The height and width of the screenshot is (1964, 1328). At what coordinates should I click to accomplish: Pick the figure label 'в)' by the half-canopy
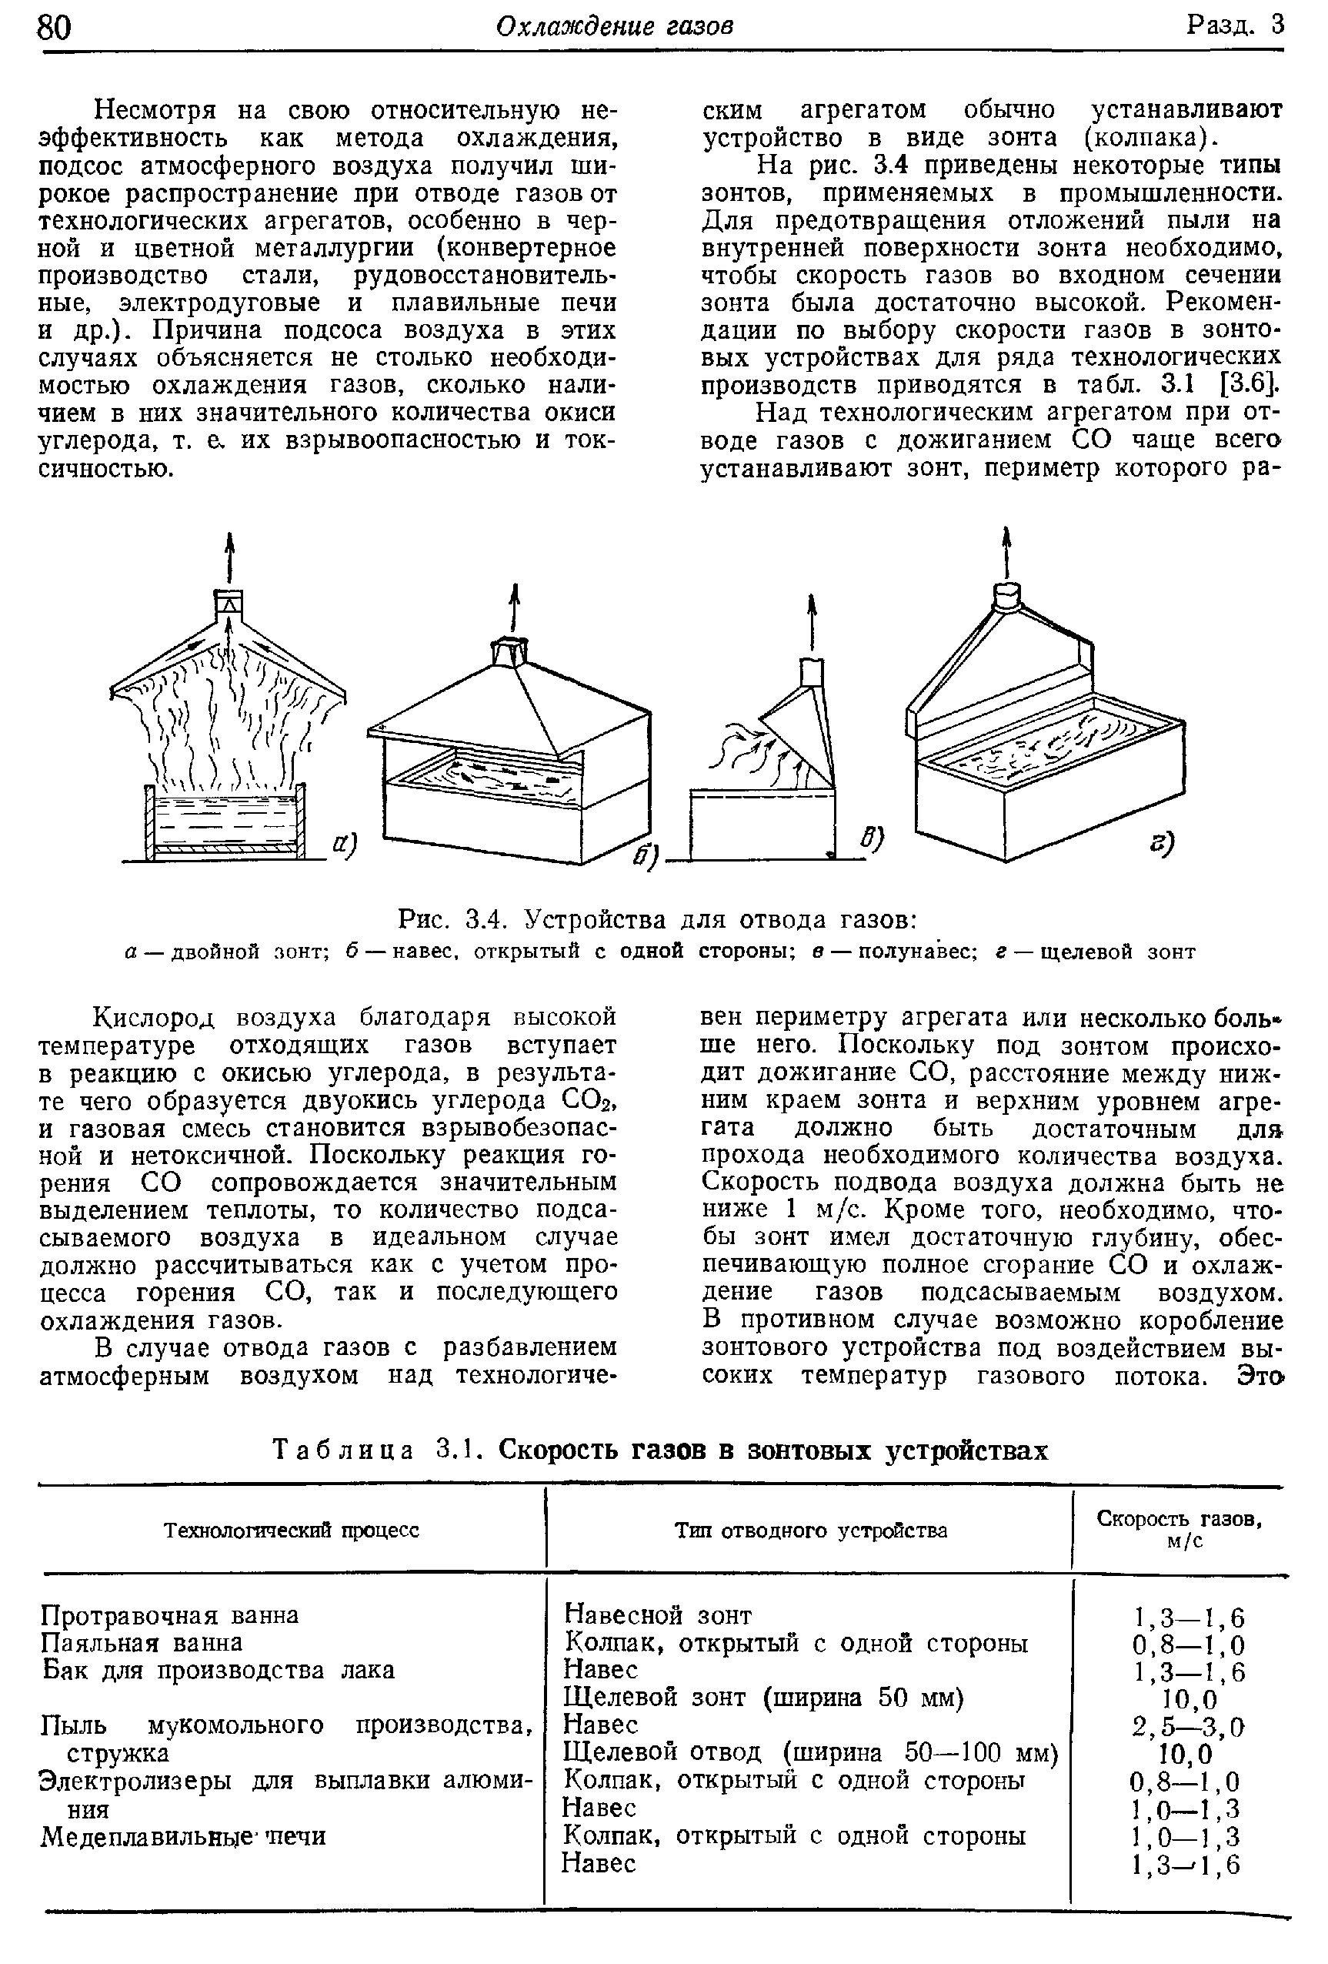pos(871,838)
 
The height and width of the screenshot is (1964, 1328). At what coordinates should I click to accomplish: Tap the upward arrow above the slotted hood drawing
pos(1006,549)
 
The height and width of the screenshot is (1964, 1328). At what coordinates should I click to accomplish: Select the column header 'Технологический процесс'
pos(292,1530)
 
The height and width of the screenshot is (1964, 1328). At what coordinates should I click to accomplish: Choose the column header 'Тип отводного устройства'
pos(811,1530)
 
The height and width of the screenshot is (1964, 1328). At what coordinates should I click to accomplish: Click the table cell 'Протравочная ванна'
pos(170,1615)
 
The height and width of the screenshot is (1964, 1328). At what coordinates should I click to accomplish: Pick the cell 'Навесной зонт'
pos(657,1615)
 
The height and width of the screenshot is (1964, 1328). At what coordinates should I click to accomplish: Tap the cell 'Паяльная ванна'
pos(142,1642)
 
